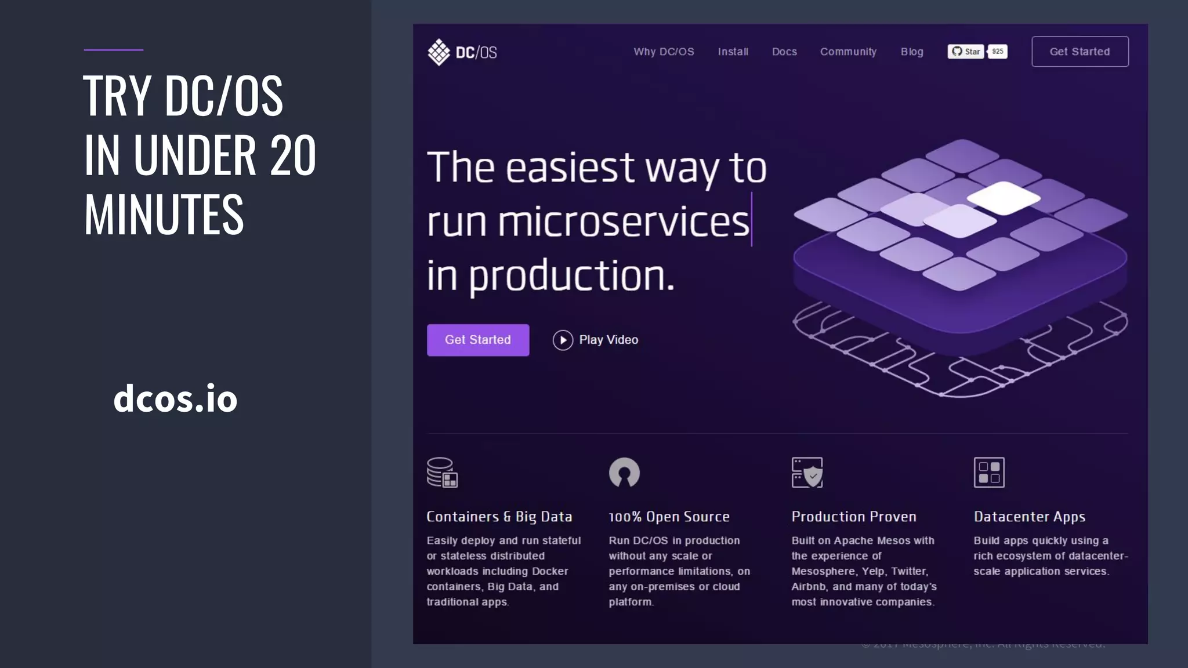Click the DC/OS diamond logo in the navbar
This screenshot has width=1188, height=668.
[439, 52]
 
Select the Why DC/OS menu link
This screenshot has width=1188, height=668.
[664, 52]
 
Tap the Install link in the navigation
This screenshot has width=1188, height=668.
[733, 52]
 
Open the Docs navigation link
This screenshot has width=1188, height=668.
[784, 52]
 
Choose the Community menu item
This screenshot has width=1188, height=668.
[848, 52]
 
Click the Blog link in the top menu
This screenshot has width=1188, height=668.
[912, 52]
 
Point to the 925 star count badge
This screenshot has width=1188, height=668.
[998, 52]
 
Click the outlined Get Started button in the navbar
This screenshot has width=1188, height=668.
[1080, 52]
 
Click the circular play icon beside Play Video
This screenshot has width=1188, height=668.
[563, 340]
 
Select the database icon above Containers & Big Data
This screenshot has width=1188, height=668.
[442, 473]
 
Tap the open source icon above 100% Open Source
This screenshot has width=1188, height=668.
[624, 472]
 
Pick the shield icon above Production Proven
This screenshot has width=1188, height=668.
[807, 473]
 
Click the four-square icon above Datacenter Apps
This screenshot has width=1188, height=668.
[989, 473]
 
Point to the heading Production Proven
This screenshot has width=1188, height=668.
[854, 517]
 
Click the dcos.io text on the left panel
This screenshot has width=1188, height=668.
[175, 398]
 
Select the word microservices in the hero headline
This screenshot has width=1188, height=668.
[624, 222]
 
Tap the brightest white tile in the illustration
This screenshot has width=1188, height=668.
[1004, 197]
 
